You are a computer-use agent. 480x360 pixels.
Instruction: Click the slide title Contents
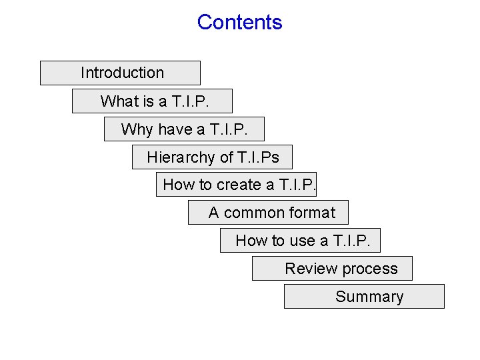[239, 22]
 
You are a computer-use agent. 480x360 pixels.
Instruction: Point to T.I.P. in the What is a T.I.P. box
[189, 101]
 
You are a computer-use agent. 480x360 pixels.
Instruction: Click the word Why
[137, 129]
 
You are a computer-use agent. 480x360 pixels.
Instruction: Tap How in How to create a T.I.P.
[177, 185]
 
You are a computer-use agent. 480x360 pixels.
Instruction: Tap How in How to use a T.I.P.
[250, 241]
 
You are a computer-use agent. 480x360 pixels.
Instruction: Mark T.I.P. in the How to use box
[356, 241]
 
